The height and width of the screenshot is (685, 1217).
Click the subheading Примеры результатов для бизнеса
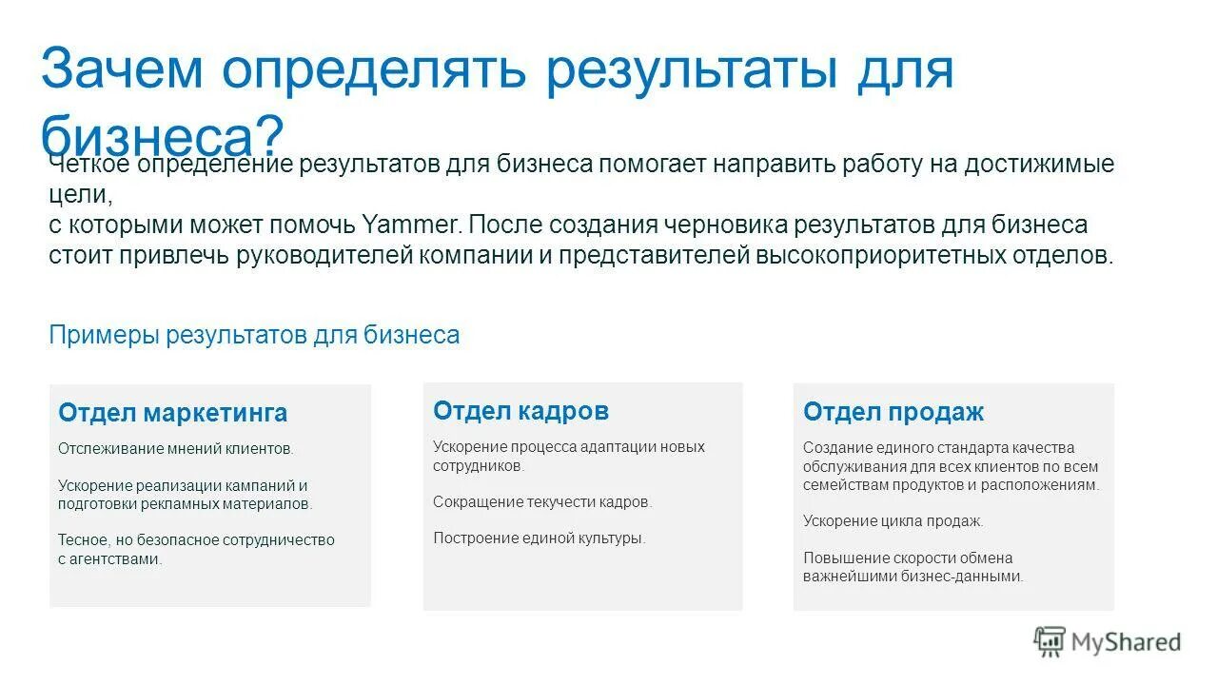point(254,335)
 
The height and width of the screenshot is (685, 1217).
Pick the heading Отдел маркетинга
point(172,413)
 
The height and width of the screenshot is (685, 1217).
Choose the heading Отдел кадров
point(520,411)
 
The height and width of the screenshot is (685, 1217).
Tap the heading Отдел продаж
point(893,412)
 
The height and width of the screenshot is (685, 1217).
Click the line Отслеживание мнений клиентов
point(176,448)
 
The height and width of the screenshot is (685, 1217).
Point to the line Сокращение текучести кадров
point(542,501)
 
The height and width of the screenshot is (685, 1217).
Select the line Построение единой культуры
point(539,538)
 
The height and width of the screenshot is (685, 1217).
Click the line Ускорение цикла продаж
point(893,520)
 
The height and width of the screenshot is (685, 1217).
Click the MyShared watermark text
point(1126,642)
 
